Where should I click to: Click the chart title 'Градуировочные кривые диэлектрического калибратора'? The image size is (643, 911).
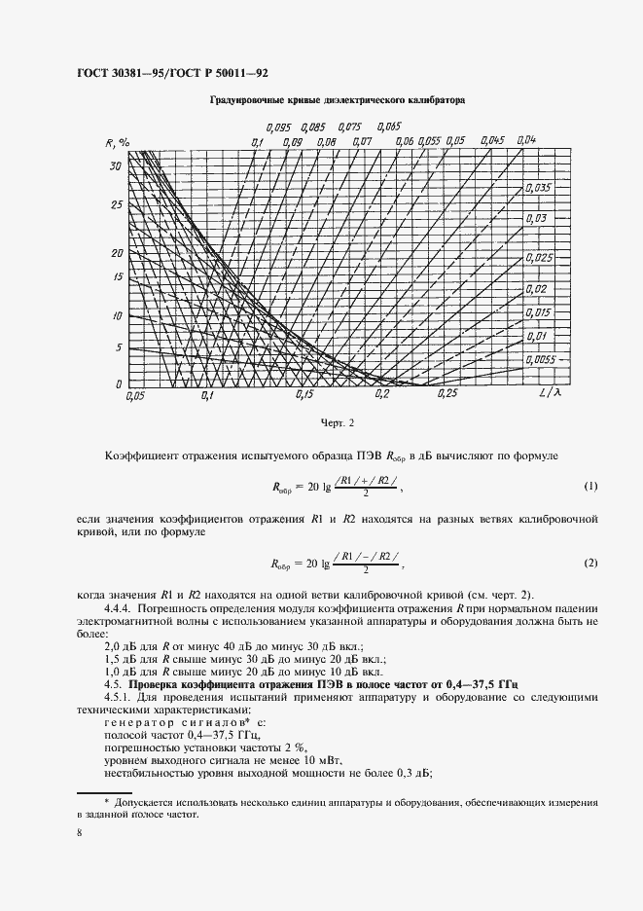pyautogui.click(x=337, y=100)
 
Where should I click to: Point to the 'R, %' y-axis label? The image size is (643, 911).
pyautogui.click(x=118, y=143)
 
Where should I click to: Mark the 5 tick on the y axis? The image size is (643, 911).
pyautogui.click(x=118, y=347)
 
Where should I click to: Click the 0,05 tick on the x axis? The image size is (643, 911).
pyautogui.click(x=134, y=396)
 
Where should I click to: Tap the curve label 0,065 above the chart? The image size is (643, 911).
pyautogui.click(x=387, y=127)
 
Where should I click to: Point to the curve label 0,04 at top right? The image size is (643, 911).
pyautogui.click(x=526, y=139)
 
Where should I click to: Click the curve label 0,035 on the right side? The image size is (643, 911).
pyautogui.click(x=537, y=187)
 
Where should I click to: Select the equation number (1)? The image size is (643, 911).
pyautogui.click(x=589, y=485)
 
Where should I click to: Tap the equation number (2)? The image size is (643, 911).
pyautogui.click(x=589, y=564)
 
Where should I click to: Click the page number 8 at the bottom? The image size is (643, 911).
pyautogui.click(x=79, y=833)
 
